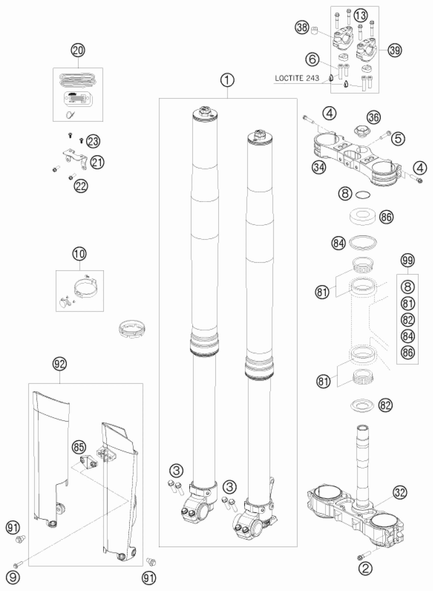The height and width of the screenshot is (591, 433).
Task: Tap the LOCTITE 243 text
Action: point(297,78)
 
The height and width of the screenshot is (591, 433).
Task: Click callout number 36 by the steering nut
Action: point(374,118)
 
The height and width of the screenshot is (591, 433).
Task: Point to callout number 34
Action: point(319,167)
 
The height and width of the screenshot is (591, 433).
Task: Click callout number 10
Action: point(80,254)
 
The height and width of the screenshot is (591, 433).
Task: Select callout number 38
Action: point(302,28)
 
